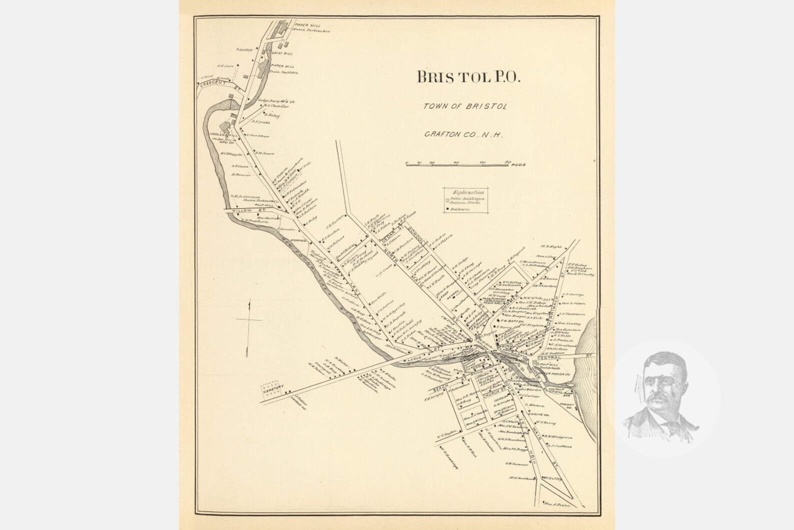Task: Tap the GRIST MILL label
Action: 282,53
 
